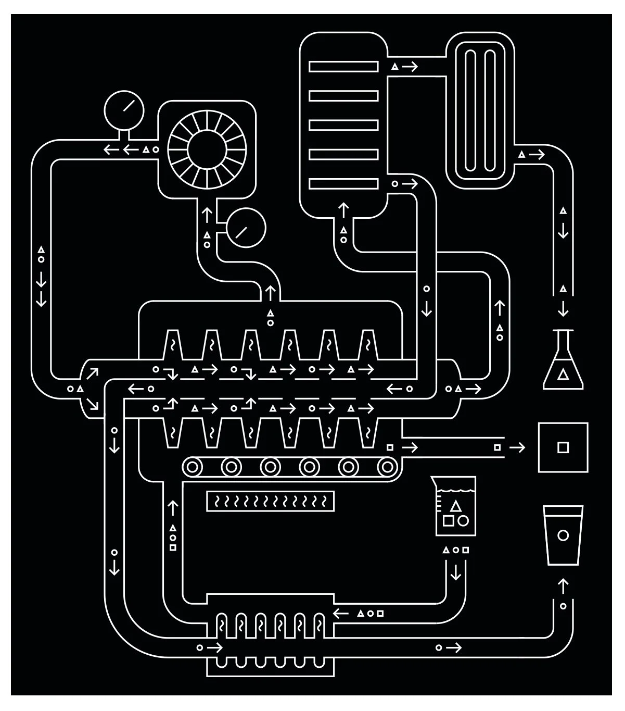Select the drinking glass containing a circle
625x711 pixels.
(x=562, y=535)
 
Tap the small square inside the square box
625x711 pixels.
(x=563, y=447)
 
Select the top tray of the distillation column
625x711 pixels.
(x=343, y=67)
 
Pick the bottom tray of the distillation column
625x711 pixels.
(x=343, y=183)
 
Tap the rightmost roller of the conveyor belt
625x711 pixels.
(x=387, y=466)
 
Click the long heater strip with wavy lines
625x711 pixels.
(x=270, y=501)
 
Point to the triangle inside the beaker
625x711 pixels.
(x=456, y=505)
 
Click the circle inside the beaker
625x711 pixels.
(x=463, y=520)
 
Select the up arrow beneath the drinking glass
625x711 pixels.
(x=563, y=585)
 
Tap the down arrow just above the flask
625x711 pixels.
(x=563, y=309)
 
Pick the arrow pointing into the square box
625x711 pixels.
(x=517, y=447)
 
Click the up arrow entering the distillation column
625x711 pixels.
(x=343, y=209)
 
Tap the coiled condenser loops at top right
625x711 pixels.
(x=480, y=111)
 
